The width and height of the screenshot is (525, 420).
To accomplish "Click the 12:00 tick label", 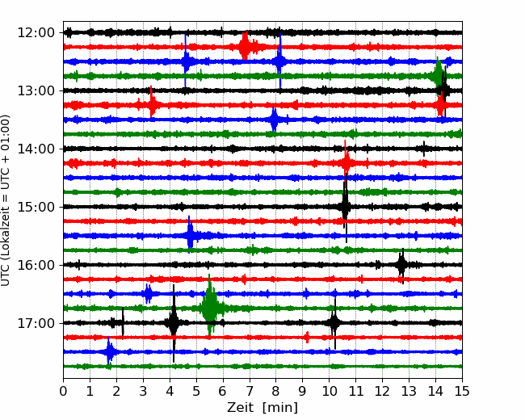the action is [x=36, y=33].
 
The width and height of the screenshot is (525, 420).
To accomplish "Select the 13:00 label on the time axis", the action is [x=36, y=90].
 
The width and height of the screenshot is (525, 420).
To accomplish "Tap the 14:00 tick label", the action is [x=36, y=149].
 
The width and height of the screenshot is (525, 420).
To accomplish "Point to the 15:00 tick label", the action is [x=36, y=207].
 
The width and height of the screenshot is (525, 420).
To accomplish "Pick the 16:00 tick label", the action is [x=36, y=265].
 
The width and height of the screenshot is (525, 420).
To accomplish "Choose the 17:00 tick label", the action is [x=36, y=323].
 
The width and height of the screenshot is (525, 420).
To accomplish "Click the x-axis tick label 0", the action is [x=63, y=391].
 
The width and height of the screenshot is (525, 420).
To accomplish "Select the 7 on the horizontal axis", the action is [x=250, y=391].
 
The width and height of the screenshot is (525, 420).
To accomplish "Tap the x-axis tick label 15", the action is [x=462, y=391].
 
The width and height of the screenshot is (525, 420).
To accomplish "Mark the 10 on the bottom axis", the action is [x=329, y=391].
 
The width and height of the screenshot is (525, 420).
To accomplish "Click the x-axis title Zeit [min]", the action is [x=262, y=408].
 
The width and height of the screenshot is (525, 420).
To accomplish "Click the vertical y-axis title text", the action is [x=5, y=200].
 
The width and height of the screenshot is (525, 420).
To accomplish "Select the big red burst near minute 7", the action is [x=245, y=46].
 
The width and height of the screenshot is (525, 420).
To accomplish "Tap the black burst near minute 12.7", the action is [x=401, y=265].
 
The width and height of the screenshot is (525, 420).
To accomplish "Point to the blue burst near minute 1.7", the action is [x=109, y=351].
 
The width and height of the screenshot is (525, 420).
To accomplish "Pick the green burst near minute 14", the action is [x=438, y=75].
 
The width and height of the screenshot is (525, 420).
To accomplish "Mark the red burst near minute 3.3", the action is [x=152, y=104].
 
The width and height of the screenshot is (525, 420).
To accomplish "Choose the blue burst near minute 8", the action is [x=274, y=120].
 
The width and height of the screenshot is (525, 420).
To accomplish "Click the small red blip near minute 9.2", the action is [x=308, y=337].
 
